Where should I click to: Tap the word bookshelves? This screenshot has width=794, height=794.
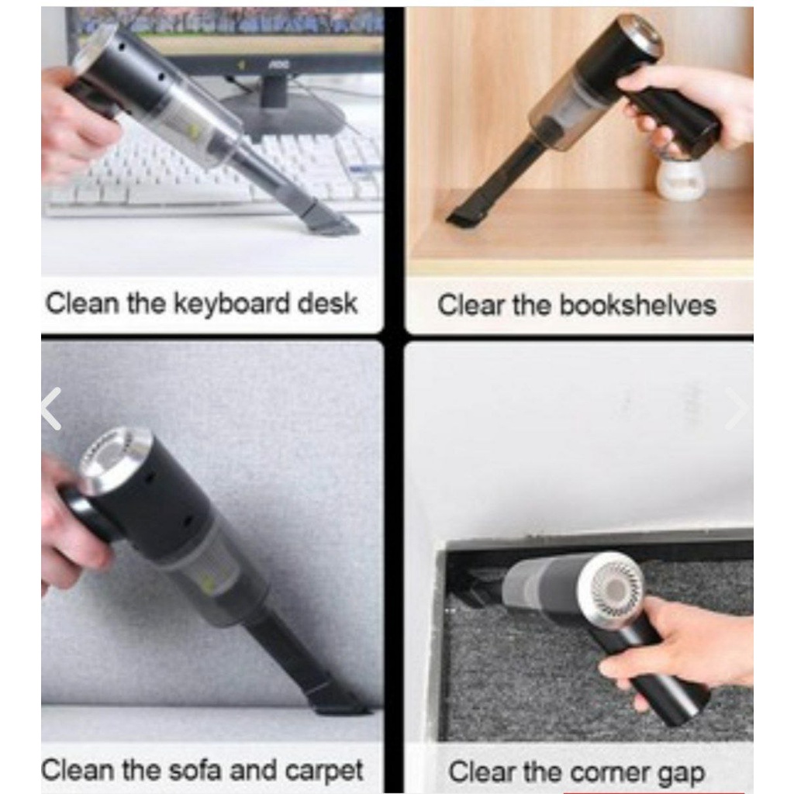click(x=637, y=306)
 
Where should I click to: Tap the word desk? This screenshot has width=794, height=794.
click(x=327, y=303)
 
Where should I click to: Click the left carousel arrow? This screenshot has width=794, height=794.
click(x=52, y=409)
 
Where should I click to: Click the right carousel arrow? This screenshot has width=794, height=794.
click(x=736, y=409)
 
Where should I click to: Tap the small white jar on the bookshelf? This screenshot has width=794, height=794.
click(x=681, y=177)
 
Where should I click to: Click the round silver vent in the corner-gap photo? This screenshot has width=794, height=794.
click(x=615, y=588)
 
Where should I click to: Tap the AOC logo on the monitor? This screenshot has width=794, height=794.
click(x=275, y=64)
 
